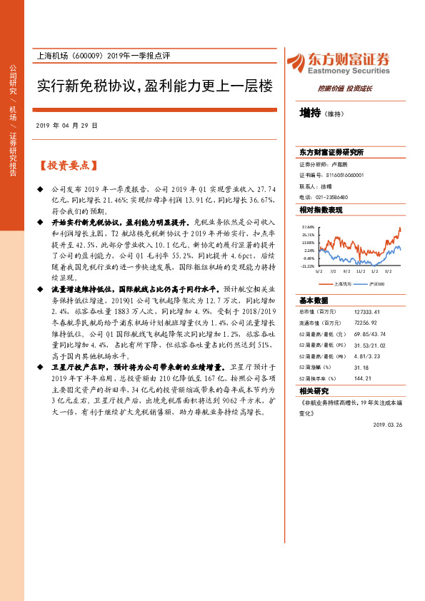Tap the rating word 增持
[310, 113]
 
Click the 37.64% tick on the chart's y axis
[308, 227]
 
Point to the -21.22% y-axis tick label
[307, 266]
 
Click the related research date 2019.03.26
[388, 424]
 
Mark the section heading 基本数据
[314, 300]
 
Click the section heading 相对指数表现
[321, 210]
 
